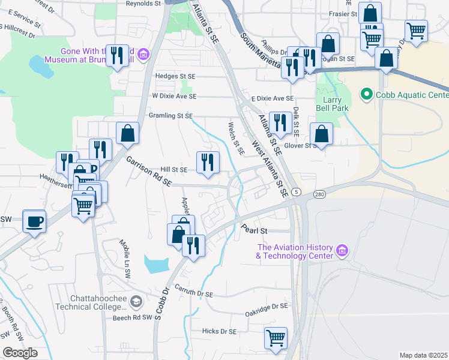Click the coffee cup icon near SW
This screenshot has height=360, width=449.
click(x=34, y=221)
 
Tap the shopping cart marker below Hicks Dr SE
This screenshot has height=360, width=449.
click(x=276, y=338)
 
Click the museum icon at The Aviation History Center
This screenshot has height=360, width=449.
click(x=342, y=250)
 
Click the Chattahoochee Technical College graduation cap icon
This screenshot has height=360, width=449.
click(x=137, y=301)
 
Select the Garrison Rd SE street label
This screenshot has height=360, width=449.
click(x=149, y=170)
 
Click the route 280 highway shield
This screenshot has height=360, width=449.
click(x=318, y=194)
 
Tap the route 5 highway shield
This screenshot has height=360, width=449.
click(x=297, y=191)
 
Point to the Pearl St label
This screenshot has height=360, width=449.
click(x=254, y=230)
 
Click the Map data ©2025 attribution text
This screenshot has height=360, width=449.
click(x=423, y=355)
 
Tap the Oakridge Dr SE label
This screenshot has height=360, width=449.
click(x=267, y=306)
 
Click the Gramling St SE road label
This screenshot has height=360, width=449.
click(x=170, y=116)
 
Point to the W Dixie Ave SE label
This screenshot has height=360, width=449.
click(x=174, y=96)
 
